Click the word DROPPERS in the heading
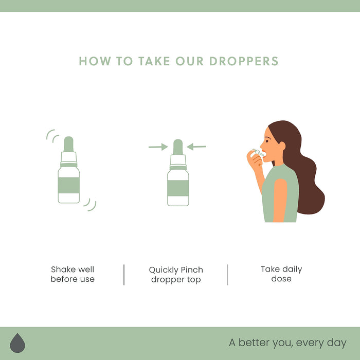[x=244, y=61]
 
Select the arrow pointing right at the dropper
[x=158, y=147]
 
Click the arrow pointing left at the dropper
[x=196, y=147]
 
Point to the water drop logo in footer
[x=17, y=343]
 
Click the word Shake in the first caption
[x=63, y=269]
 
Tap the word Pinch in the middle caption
[x=192, y=270]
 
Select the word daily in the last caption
[x=292, y=269]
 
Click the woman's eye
[x=267, y=141]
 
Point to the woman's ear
[x=282, y=146]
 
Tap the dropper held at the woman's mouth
[x=259, y=153]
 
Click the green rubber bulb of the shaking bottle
[x=68, y=144]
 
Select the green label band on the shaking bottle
[x=69, y=185]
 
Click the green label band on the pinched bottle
[x=178, y=188]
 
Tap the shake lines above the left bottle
[x=52, y=136]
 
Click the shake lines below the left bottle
[x=90, y=205]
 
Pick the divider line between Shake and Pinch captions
[x=124, y=275]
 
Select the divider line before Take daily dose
[x=227, y=275]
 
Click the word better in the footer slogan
[x=254, y=343]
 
